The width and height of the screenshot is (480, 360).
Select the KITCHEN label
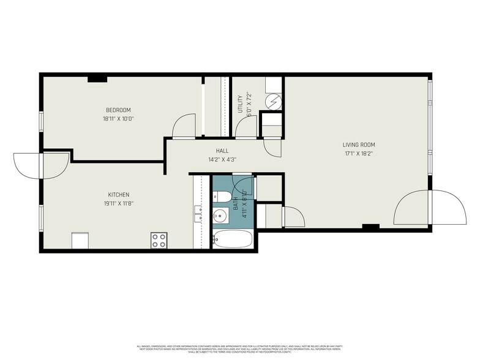(x=119, y=195)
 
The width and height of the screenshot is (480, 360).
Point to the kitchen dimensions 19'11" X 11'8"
(x=119, y=203)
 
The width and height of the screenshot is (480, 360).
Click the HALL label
(x=222, y=151)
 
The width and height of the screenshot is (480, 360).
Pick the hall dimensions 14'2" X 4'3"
(x=222, y=159)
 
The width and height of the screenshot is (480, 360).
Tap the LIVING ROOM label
(x=358, y=145)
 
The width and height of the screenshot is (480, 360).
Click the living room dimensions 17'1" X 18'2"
(x=358, y=154)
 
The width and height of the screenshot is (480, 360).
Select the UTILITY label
(x=240, y=103)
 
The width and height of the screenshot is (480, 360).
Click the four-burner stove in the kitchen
(x=159, y=241)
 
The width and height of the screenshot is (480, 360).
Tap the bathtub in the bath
(x=232, y=239)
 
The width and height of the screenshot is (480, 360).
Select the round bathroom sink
(x=220, y=216)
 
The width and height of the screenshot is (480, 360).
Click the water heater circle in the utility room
(x=273, y=100)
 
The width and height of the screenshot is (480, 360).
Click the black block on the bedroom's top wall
(x=97, y=78)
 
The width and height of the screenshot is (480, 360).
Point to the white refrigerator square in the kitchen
(x=81, y=241)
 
